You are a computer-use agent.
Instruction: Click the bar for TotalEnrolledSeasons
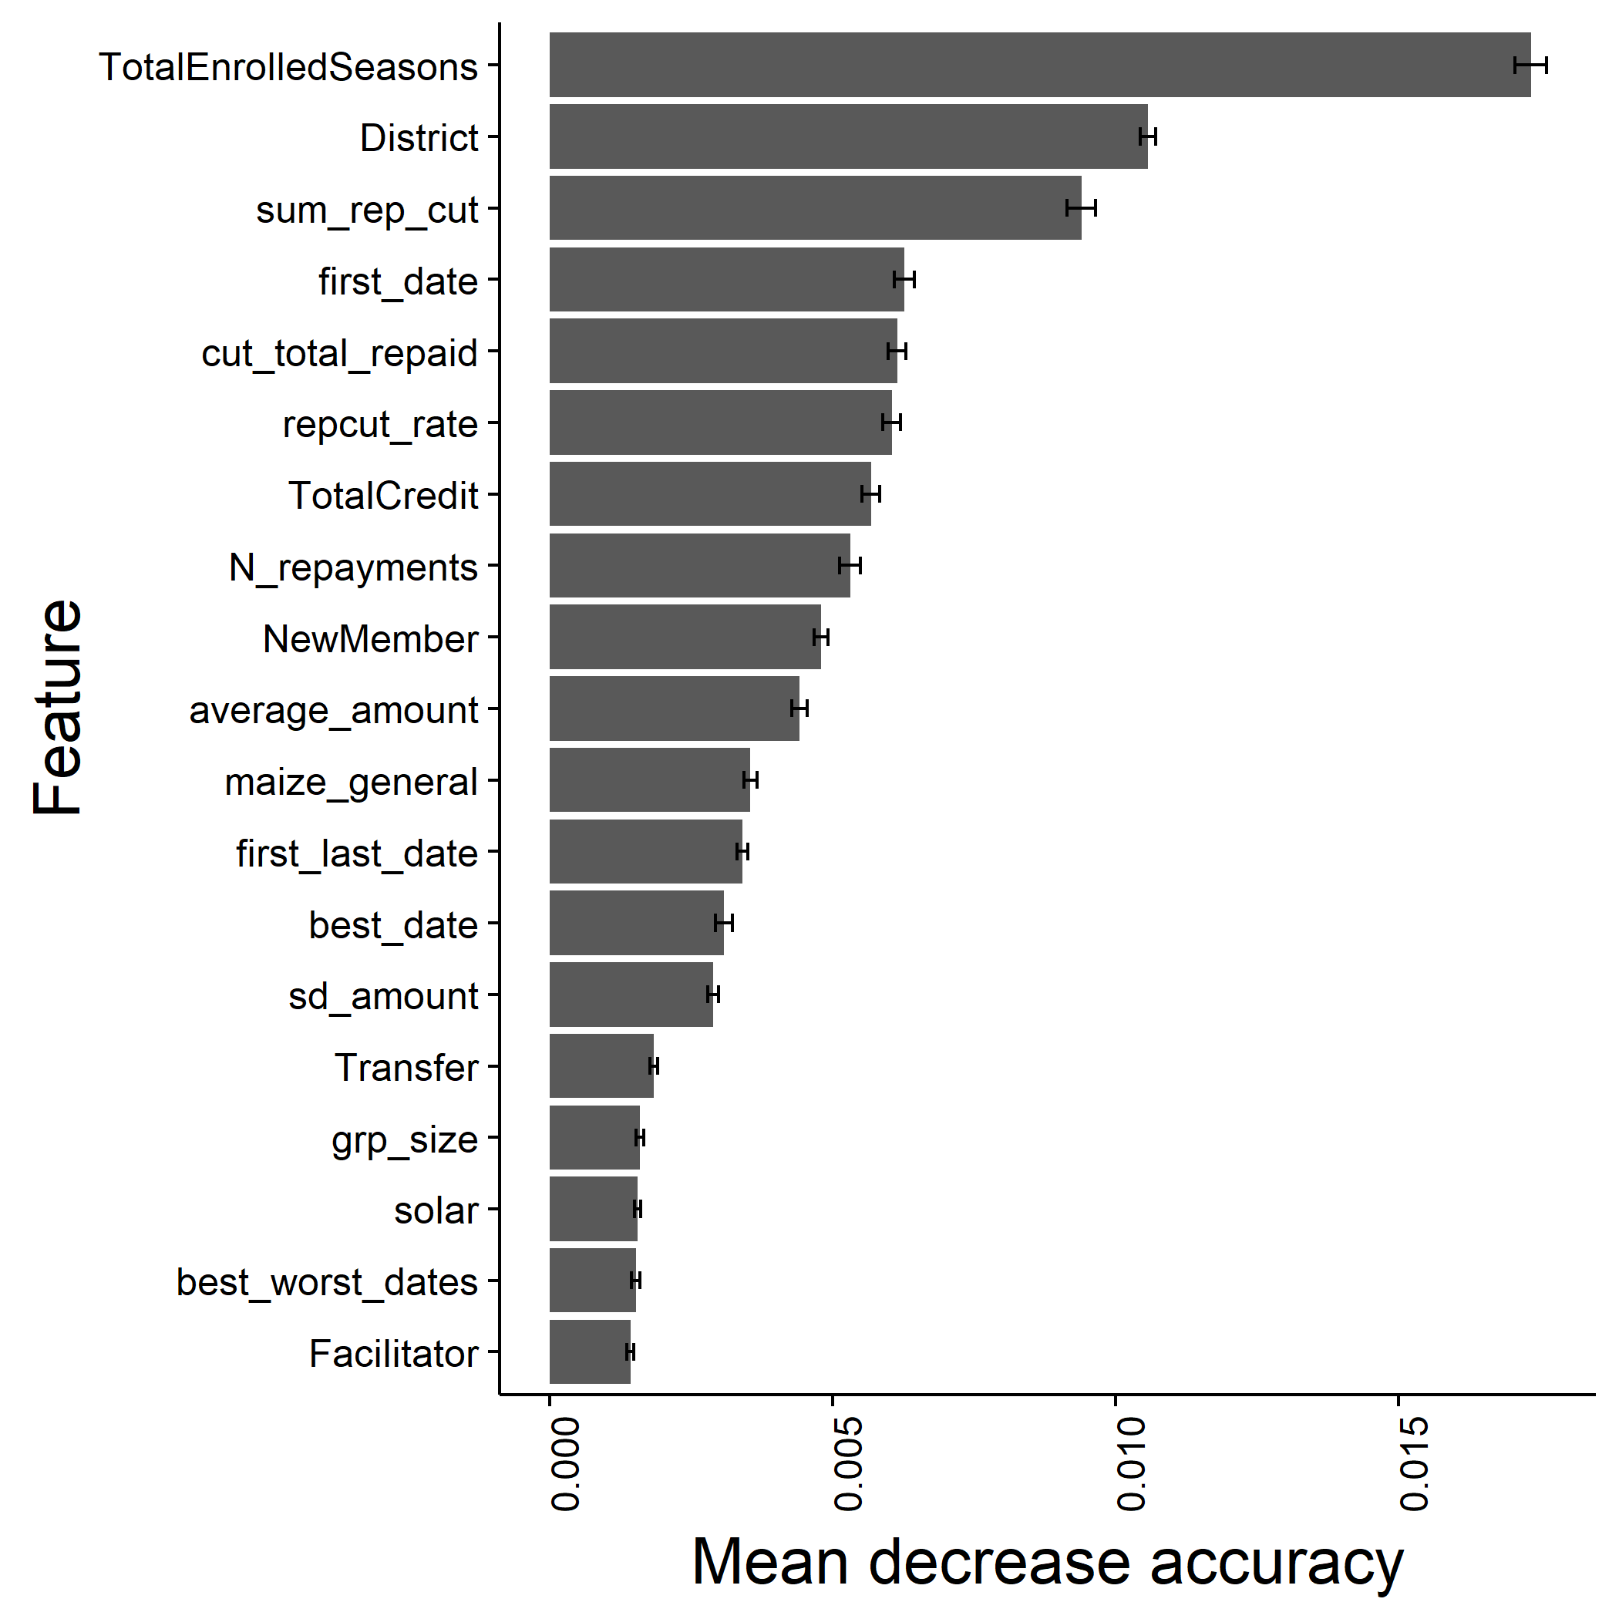tap(1039, 65)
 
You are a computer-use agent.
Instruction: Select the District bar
tap(848, 136)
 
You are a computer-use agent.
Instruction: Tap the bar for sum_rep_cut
tap(815, 208)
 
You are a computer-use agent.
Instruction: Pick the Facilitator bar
tap(590, 1351)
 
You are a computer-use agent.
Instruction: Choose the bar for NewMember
tap(685, 637)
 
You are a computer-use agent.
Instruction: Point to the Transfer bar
tap(601, 1066)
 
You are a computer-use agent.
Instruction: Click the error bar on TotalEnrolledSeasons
tap(1530, 65)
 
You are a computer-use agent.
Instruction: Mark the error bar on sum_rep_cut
tap(1081, 208)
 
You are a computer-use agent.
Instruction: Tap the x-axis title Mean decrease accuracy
tap(1048, 1563)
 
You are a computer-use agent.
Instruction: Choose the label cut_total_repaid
tap(339, 353)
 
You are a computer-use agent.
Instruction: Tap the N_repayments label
tap(353, 567)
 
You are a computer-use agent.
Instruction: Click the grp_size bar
tap(594, 1137)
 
